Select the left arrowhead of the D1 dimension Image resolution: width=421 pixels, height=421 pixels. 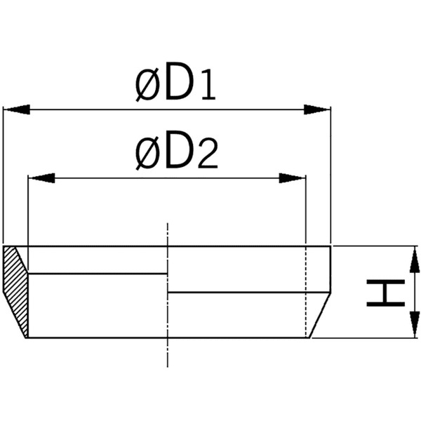(17, 109)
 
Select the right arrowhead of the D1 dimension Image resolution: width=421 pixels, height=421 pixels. (316, 109)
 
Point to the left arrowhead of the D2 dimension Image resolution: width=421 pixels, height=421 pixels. (41, 178)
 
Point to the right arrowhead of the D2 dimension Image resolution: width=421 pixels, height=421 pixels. (293, 178)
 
